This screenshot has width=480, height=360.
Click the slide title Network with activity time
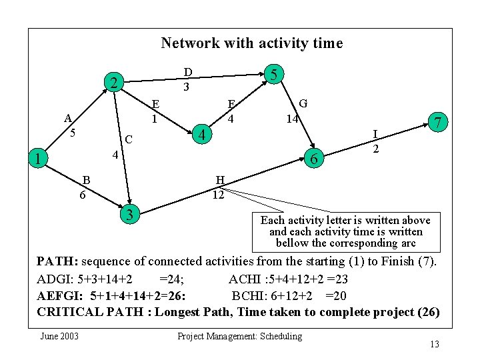tap(251, 43)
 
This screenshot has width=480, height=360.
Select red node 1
tap(41, 159)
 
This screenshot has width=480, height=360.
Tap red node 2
tap(115, 83)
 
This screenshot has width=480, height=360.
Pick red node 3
tap(131, 214)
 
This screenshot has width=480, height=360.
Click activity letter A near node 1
tap(68, 119)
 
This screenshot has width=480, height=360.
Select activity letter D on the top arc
tap(188, 73)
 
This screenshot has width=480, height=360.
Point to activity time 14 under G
tap(291, 119)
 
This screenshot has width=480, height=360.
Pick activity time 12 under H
tap(219, 195)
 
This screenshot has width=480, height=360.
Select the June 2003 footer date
tap(59, 336)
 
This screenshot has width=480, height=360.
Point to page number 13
tap(434, 344)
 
